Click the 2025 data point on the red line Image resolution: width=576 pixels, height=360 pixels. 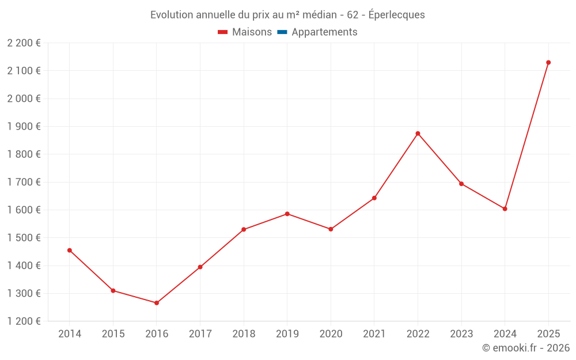tap(548, 62)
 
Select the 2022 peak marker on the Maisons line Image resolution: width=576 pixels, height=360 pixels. tap(418, 134)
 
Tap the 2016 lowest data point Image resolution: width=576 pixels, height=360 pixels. tap(157, 303)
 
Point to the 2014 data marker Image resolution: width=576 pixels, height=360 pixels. tap(70, 251)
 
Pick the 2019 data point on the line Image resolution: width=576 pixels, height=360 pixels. tap(287, 214)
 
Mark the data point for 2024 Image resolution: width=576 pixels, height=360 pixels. tap(505, 209)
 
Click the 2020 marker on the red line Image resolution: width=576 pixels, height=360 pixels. tap(331, 229)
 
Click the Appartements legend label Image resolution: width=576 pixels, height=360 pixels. tap(324, 32)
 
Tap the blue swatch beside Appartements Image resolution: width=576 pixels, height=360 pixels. tap(282, 32)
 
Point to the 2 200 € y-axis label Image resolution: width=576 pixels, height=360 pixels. tap(24, 43)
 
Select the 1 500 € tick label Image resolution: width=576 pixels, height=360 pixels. tap(24, 238)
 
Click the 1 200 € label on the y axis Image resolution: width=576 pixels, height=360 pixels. tap(24, 321)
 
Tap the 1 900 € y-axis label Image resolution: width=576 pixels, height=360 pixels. tap(24, 127)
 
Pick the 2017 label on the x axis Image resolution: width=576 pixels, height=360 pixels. tap(200, 334)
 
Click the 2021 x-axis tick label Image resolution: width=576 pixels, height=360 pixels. tap(374, 334)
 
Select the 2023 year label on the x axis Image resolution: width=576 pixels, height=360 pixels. tap(461, 334)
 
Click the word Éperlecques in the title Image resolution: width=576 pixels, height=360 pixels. tap(396, 15)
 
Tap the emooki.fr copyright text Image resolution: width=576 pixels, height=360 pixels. tap(526, 348)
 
